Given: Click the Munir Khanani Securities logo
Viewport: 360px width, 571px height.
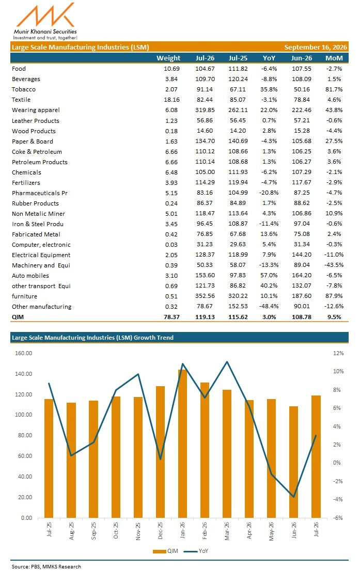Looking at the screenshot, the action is (x=45, y=21).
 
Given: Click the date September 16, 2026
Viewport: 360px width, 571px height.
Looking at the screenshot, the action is (x=316, y=47).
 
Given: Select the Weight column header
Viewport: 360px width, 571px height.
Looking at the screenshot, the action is (x=168, y=58).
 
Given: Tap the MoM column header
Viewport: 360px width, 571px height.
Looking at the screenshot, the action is (x=334, y=58).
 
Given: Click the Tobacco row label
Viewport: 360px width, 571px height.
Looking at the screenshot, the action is (x=24, y=89).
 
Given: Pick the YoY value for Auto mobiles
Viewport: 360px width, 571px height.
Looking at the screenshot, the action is (x=269, y=275).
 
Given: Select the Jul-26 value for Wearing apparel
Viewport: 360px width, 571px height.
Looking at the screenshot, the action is (x=205, y=109).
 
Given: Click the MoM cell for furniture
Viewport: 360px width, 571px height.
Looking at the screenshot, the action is (x=334, y=296).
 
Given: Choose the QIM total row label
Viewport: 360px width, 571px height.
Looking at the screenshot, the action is (x=18, y=317).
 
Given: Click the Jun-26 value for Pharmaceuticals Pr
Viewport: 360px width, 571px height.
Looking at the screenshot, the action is (x=302, y=193).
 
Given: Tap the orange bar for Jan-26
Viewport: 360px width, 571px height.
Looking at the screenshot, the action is (x=182, y=443).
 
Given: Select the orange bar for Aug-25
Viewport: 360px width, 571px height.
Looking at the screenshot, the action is (x=71, y=461).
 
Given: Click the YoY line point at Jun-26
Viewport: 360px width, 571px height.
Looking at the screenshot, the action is (x=294, y=496).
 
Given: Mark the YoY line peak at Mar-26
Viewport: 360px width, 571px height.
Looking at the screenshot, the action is (x=227, y=361).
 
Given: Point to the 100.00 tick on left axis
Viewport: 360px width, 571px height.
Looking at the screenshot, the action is (x=23, y=415).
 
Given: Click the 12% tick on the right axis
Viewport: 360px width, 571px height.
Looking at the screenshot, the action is (x=338, y=353).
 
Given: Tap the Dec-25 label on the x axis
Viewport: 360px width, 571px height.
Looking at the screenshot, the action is (x=160, y=531).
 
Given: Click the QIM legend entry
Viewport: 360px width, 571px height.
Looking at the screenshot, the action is (x=165, y=551).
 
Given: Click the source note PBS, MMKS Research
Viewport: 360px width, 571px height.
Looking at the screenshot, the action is (x=46, y=566).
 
